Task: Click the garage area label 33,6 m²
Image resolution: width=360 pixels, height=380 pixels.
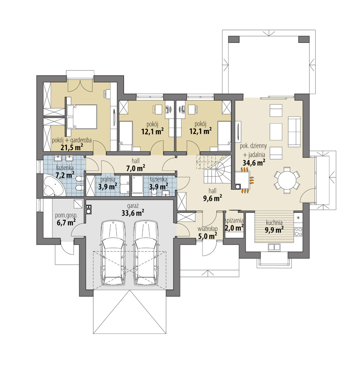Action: [133, 213]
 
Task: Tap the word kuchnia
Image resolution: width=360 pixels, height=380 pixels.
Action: [274, 222]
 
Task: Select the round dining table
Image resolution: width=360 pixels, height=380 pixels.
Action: [287, 180]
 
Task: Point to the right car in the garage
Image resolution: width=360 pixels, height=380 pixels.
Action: [146, 253]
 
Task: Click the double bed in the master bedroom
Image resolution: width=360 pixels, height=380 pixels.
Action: [82, 117]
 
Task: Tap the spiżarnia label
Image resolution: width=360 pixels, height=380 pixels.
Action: [234, 221]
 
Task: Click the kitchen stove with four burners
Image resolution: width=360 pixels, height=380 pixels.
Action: [298, 231]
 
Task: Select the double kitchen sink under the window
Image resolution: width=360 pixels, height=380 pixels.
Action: [274, 247]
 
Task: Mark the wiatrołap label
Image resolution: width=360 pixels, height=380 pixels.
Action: [207, 229]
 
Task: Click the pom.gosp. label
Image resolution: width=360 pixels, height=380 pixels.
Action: [66, 215]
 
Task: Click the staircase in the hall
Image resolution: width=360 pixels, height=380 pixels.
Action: [215, 170]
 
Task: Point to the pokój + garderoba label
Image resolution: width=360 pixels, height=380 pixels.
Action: [72, 140]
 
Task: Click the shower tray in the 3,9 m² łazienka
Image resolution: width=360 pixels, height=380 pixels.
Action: [138, 185]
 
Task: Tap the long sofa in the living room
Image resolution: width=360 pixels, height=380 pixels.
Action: [294, 131]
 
